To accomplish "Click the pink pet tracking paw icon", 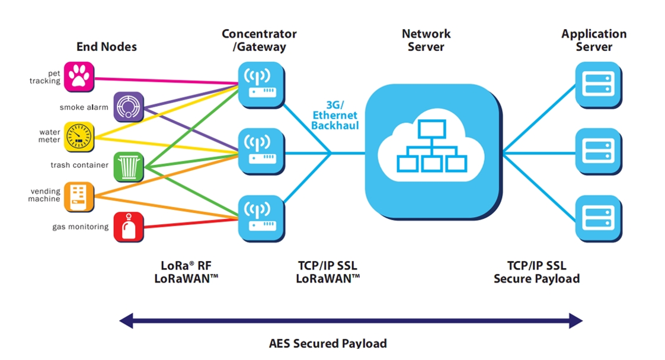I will pos(79,76).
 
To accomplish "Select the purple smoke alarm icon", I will pos(128,107).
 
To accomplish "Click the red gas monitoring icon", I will pos(128,227).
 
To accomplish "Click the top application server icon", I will pos(598,85).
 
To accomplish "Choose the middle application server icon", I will pos(598,152).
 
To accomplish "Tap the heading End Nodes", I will pos(107,46).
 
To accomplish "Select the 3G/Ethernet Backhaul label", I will pos(335,115).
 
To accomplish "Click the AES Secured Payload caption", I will pos(328,343).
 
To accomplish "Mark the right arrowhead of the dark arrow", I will pos(576,321).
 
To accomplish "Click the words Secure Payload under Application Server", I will pos(536,278).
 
